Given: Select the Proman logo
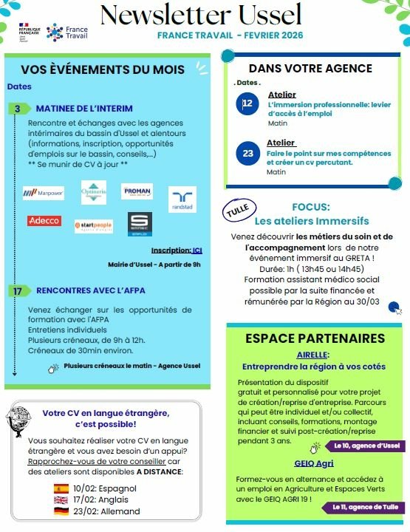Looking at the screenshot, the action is point(137,191).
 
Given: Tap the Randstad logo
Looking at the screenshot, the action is point(182,199).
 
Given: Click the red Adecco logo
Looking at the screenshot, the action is point(44,221).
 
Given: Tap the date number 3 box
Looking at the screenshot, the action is point(17,109).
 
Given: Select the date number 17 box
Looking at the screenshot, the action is point(17,290).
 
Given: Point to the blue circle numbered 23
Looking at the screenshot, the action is point(247,153).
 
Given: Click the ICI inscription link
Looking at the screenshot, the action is point(197,250).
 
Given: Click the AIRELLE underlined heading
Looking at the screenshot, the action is point(312,355).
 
